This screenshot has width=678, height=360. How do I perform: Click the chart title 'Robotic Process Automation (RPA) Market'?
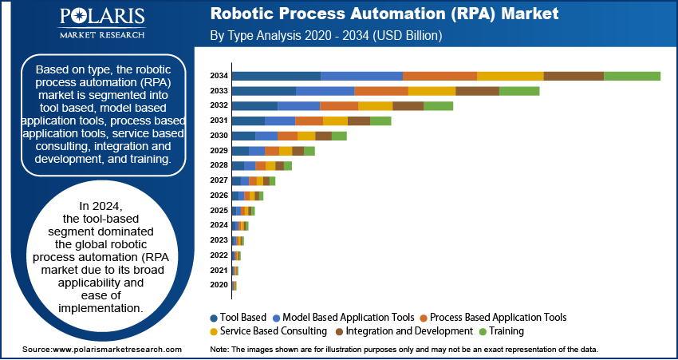384,14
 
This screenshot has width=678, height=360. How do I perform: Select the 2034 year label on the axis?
219,76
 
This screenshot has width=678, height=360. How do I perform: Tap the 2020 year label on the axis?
219,285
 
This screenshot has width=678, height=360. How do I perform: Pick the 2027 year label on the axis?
219,180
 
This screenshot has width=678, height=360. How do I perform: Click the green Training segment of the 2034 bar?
632,76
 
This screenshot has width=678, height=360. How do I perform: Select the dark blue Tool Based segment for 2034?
276,76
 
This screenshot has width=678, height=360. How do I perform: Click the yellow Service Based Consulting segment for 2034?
510,76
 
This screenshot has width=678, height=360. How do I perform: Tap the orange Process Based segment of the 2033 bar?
381,91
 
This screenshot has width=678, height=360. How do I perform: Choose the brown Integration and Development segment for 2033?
477,91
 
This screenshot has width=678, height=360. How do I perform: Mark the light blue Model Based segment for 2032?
298,105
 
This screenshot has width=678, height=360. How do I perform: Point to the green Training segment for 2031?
380,121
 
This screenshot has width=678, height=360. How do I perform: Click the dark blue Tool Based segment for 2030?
243,136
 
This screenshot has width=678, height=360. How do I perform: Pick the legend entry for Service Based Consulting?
268,330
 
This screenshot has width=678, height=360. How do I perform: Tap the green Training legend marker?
483,331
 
